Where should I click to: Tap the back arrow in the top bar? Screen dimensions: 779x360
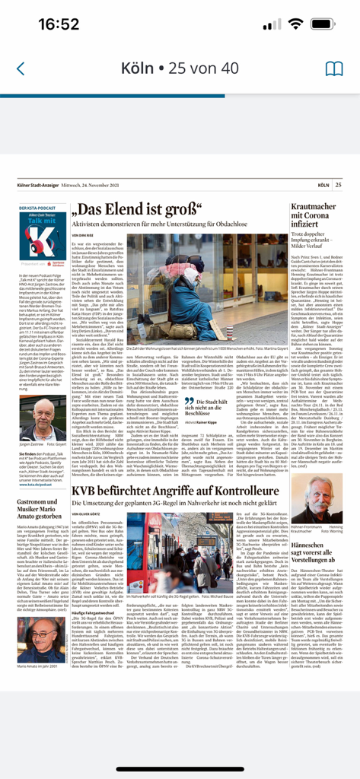21,68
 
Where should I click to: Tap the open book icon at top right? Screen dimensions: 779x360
334,68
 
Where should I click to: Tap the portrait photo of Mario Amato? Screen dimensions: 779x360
41,641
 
